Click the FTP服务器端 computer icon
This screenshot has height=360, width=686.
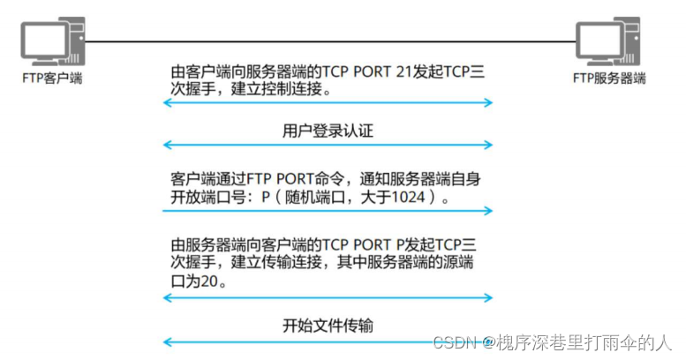point(609,40)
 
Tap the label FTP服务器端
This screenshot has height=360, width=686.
point(609,78)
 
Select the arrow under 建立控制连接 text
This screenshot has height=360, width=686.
point(327,104)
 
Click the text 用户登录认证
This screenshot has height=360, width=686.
point(328,131)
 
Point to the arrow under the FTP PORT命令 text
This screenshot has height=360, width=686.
point(327,211)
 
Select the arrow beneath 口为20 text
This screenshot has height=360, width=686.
point(327,298)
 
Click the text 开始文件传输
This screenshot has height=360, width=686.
point(328,325)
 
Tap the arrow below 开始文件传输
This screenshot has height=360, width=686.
point(327,341)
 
